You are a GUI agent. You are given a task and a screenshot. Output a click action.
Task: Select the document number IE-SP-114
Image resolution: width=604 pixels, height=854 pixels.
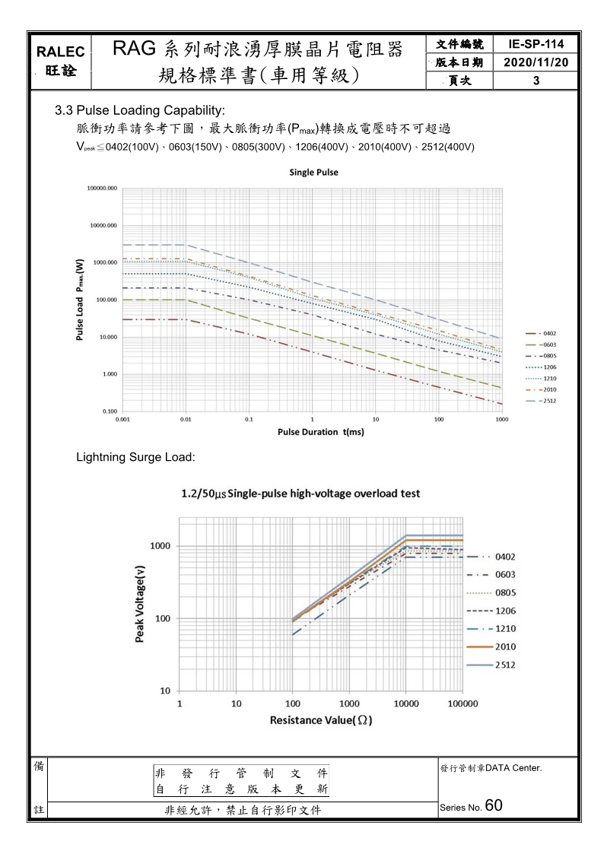coord(536,45)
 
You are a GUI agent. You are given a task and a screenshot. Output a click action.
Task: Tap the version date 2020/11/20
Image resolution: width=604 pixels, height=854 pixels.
coord(536,62)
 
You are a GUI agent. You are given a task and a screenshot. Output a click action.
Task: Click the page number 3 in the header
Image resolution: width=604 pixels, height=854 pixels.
coord(536,80)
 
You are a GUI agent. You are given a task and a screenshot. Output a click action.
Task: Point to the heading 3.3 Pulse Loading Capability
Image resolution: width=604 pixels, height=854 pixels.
coord(140,112)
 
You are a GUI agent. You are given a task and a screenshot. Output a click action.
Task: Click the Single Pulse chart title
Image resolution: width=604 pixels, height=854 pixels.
coord(313,173)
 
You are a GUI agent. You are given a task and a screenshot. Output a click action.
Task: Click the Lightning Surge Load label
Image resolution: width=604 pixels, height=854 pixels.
coord(136,458)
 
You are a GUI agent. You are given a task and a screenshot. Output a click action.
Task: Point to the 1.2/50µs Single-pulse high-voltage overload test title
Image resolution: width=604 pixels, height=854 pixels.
coord(300,494)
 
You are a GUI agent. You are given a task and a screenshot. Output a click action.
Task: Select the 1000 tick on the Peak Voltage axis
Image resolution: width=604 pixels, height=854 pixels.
coord(160,546)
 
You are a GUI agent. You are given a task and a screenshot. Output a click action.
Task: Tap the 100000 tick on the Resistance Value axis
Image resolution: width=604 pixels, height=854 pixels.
coord(463,703)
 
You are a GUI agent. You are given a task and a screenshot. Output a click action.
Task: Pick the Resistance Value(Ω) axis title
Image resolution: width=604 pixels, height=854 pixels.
coord(320,719)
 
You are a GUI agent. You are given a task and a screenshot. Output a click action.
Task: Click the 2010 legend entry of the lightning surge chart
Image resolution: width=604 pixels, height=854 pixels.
coord(505,646)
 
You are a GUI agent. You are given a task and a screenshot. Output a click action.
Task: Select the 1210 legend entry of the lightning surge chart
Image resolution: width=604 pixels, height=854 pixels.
coord(505,629)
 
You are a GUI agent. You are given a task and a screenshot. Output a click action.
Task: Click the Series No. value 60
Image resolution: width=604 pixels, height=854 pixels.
coord(493,805)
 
